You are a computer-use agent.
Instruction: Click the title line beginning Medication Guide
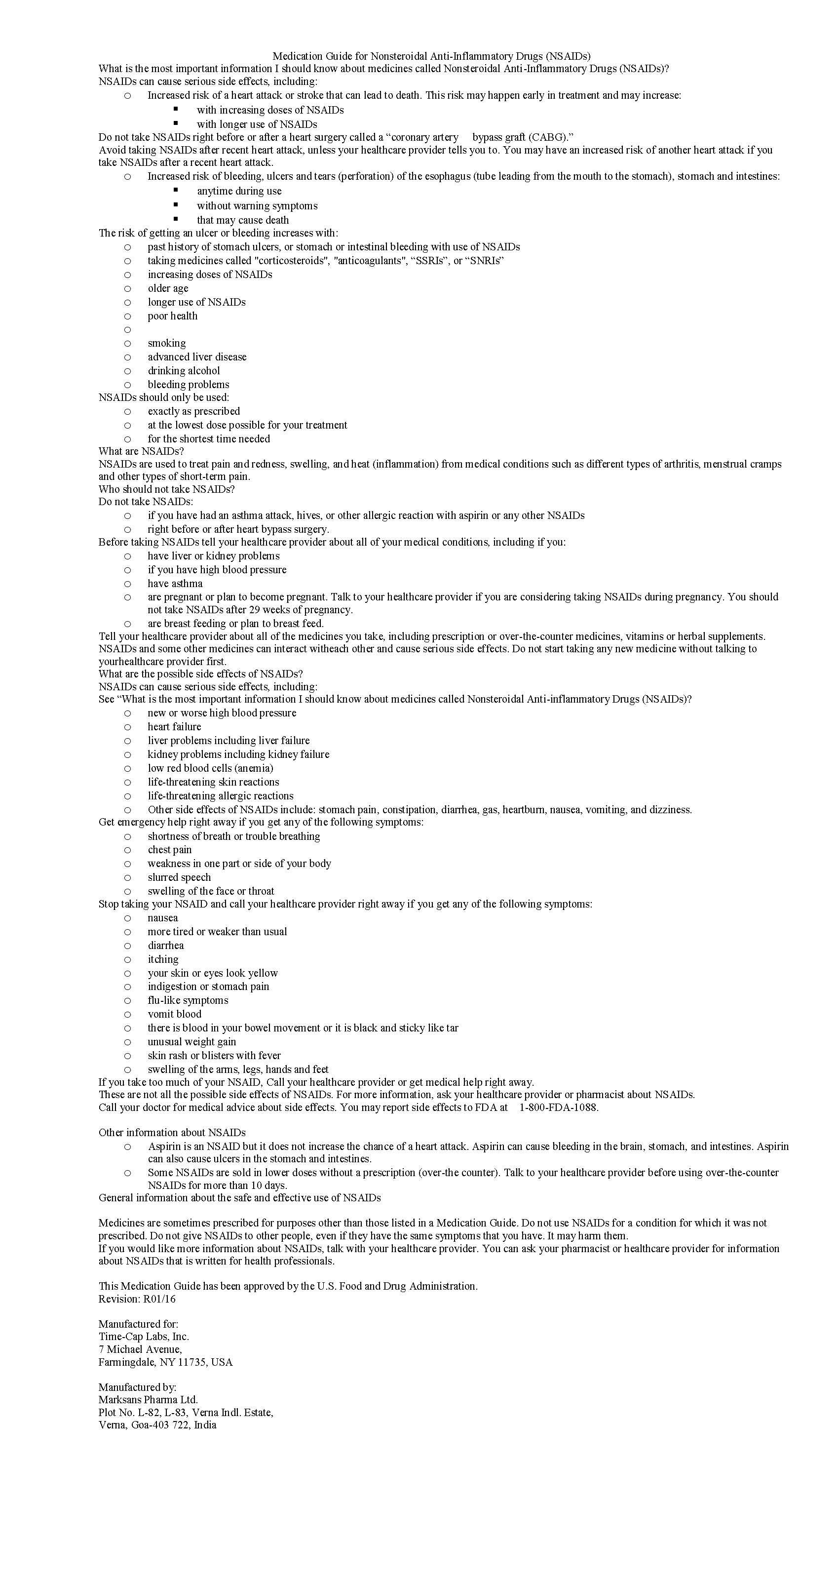click(x=431, y=56)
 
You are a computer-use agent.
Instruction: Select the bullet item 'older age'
click(x=167, y=288)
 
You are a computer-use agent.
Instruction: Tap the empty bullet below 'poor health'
click(x=127, y=330)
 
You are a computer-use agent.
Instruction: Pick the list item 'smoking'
click(x=166, y=343)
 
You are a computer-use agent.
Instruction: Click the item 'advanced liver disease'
click(x=197, y=357)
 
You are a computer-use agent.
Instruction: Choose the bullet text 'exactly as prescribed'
click(x=193, y=411)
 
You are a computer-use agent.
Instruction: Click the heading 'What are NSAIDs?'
click(x=141, y=451)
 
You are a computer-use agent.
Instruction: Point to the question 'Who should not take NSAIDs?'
click(x=166, y=489)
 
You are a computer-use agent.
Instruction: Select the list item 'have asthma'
click(x=175, y=583)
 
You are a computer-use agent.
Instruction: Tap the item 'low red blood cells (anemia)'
click(x=210, y=768)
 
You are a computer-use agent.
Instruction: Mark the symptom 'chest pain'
click(x=169, y=849)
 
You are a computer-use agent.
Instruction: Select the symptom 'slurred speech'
click(x=179, y=877)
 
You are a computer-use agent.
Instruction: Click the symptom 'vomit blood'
click(x=174, y=1014)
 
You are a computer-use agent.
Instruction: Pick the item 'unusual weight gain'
click(x=191, y=1041)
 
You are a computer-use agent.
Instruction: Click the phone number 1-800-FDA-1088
click(x=558, y=1107)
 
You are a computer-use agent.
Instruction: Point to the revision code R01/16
click(x=159, y=1299)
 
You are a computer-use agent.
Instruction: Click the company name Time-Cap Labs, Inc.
click(x=144, y=1337)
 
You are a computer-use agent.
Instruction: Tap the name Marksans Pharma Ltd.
click(x=148, y=1400)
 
